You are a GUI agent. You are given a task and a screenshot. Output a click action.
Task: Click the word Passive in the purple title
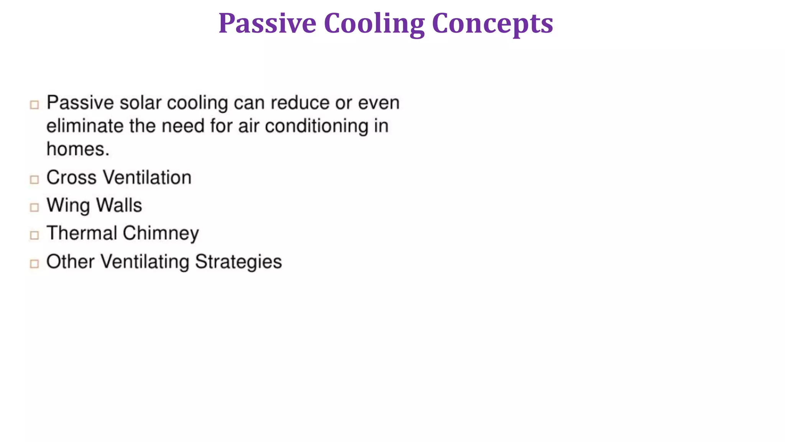(x=267, y=23)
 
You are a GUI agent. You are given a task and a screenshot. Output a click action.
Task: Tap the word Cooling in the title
(x=374, y=23)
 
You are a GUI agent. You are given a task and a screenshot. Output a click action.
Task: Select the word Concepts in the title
(x=493, y=23)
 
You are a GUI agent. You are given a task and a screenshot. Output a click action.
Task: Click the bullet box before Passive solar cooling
(x=34, y=105)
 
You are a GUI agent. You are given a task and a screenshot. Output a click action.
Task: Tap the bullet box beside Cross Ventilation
(x=34, y=180)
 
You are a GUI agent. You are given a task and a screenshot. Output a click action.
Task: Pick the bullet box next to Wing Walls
(x=34, y=208)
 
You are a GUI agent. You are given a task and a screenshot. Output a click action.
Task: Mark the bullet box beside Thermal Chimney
(x=34, y=235)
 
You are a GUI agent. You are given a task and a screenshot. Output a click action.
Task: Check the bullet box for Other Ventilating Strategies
(x=34, y=264)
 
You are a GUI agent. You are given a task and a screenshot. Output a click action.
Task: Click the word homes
(x=78, y=149)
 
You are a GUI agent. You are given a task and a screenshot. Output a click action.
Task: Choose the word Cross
(x=72, y=178)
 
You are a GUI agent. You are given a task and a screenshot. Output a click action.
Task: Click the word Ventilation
(x=148, y=178)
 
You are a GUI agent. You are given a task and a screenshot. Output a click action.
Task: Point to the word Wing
(x=68, y=206)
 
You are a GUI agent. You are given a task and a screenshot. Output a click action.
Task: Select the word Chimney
(x=161, y=233)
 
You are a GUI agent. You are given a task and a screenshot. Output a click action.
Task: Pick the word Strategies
(x=238, y=262)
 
